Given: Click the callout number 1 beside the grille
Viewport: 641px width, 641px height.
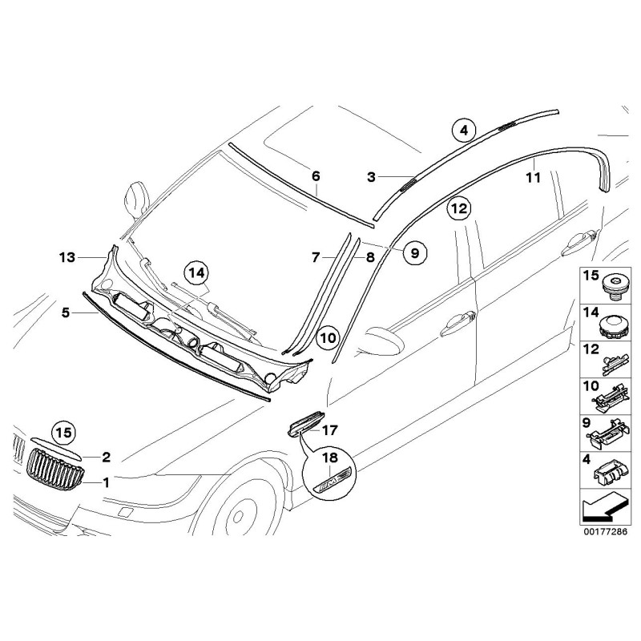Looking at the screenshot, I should point(106,482).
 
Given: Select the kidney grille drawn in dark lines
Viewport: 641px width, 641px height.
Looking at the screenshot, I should point(55,469).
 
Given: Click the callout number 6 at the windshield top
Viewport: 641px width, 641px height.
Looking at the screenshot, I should point(315,175).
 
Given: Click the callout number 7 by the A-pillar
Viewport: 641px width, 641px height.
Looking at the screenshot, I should point(316,257).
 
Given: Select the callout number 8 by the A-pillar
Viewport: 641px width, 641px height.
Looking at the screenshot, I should point(370,257).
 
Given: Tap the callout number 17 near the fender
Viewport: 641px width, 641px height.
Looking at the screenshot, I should point(331,430).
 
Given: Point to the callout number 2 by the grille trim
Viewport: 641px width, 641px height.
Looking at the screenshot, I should point(106,458).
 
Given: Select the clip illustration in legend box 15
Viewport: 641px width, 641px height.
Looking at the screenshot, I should point(613,285).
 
